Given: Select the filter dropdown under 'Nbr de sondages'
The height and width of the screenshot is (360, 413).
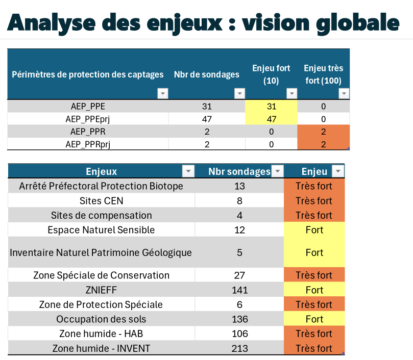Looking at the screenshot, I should pyautogui.click(x=239, y=93).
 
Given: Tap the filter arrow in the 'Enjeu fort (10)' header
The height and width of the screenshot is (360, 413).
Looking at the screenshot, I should pyautogui.click(x=291, y=93).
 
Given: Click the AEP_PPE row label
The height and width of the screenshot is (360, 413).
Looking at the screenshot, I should pyautogui.click(x=88, y=107).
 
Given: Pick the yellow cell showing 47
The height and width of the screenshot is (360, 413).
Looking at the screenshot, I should pyautogui.click(x=271, y=119).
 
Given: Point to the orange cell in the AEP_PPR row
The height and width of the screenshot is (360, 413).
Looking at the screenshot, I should pyautogui.click(x=324, y=132).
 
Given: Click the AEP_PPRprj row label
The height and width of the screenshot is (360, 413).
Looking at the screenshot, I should pyautogui.click(x=88, y=144).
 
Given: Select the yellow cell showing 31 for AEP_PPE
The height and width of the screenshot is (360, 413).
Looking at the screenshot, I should pyautogui.click(x=271, y=107).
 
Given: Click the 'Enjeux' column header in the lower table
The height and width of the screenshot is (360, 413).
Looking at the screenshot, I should pyautogui.click(x=102, y=171).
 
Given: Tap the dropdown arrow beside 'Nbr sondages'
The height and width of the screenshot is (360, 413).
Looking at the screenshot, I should pyautogui.click(x=278, y=171).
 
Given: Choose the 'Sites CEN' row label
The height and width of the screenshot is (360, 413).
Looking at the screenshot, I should pyautogui.click(x=102, y=200).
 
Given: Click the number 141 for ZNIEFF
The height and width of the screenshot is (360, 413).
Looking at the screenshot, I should pyautogui.click(x=240, y=290).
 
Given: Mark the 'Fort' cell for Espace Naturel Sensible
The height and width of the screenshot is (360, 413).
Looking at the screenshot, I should pyautogui.click(x=314, y=230).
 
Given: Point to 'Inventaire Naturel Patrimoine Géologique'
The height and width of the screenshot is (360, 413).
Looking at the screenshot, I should pyautogui.click(x=101, y=252).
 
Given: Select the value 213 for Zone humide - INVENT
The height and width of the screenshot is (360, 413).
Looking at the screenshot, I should pyautogui.click(x=240, y=348).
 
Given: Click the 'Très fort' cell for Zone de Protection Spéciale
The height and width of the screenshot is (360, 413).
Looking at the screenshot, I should pyautogui.click(x=314, y=304).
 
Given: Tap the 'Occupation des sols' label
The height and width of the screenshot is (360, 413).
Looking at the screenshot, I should pyautogui.click(x=101, y=319).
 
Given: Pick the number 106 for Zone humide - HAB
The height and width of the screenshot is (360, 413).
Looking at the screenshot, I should pyautogui.click(x=240, y=333).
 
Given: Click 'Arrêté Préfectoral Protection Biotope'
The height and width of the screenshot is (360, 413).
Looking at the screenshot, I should pyautogui.click(x=101, y=186).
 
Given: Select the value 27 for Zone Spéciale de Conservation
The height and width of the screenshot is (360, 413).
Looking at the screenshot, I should pyautogui.click(x=240, y=275).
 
